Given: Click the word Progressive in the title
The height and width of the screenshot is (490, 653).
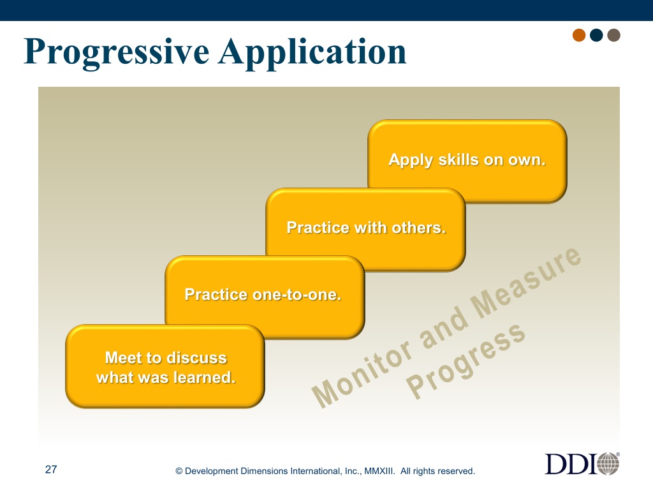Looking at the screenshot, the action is click(x=117, y=52).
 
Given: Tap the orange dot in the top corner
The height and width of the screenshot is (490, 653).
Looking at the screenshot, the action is click(x=579, y=35).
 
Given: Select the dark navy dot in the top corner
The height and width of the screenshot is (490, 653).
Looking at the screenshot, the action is click(x=596, y=35).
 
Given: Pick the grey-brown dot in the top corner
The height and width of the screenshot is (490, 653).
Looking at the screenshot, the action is click(x=613, y=35).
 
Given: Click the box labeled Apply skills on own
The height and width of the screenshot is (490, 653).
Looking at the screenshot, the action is click(x=467, y=161).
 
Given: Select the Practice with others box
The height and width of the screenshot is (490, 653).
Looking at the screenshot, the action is click(x=365, y=229).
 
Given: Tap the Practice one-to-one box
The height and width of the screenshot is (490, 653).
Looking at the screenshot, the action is click(x=265, y=297).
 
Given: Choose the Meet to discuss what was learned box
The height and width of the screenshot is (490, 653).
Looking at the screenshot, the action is click(x=165, y=366).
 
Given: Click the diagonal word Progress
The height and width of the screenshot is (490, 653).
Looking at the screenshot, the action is click(x=466, y=361).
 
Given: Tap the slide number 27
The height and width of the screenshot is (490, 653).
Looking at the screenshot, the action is click(x=51, y=470).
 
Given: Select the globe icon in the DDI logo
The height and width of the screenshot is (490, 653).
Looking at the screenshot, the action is click(x=608, y=463).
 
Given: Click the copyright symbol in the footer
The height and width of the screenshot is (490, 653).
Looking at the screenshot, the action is click(x=179, y=471).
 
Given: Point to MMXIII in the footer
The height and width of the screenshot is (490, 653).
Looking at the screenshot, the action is click(x=379, y=471).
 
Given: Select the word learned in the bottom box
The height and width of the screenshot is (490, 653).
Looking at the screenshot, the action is click(x=204, y=377).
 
